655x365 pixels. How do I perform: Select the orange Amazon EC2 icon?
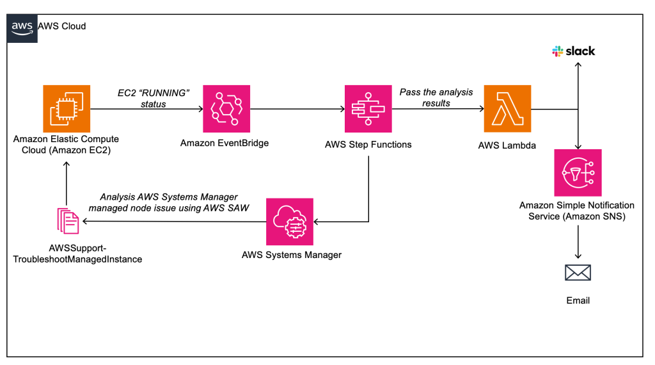point(66,108)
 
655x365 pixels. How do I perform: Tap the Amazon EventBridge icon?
point(225,108)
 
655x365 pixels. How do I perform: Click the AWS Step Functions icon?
point(368,108)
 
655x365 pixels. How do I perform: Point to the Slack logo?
point(574,51)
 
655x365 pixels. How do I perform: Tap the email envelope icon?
point(578,273)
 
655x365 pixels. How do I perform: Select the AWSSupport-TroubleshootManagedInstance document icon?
point(67,221)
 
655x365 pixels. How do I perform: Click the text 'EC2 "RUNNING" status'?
point(154,98)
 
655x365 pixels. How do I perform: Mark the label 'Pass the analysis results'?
point(436,97)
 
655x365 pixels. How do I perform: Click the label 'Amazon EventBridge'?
point(225,143)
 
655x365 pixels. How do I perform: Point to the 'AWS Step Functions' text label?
point(368,144)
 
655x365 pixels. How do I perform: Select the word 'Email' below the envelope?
point(578,300)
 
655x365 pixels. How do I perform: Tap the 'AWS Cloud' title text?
point(62,26)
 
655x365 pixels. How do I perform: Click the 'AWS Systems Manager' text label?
point(291,255)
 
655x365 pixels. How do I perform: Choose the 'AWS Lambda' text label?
point(507,145)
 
